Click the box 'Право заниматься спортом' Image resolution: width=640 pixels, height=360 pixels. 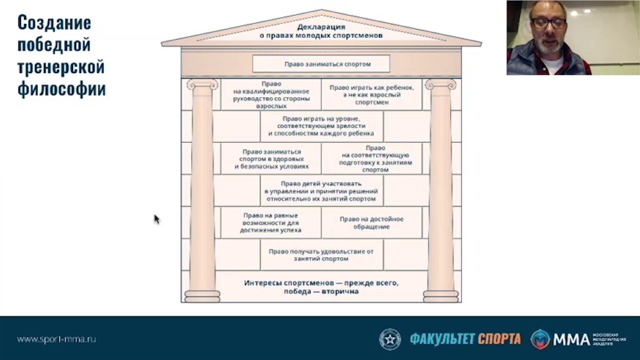321,64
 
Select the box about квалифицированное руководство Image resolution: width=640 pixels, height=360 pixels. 271,95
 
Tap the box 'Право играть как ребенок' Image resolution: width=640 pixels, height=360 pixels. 371,94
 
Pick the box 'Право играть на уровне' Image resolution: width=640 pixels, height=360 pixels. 321,126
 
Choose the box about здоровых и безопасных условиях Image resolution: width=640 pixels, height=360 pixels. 271,159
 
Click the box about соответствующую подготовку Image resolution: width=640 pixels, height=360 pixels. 375,159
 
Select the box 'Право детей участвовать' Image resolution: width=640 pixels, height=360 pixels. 321,191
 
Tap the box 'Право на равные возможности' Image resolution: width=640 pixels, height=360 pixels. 270,223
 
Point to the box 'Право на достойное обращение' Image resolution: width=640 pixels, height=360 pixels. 371,223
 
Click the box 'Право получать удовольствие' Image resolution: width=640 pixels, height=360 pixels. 321,255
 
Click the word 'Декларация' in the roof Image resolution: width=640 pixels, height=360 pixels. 321,27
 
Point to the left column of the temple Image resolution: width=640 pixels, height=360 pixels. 202,190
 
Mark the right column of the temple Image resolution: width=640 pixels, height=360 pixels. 440,190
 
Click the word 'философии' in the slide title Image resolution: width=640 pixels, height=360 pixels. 61,89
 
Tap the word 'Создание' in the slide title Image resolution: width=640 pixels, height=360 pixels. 54,22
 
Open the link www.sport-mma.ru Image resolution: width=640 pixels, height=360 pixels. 56,339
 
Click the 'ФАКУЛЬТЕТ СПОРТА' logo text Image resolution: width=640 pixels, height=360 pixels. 465,339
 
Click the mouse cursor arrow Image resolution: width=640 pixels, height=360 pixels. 156,219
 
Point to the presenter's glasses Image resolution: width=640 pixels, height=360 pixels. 548,23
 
